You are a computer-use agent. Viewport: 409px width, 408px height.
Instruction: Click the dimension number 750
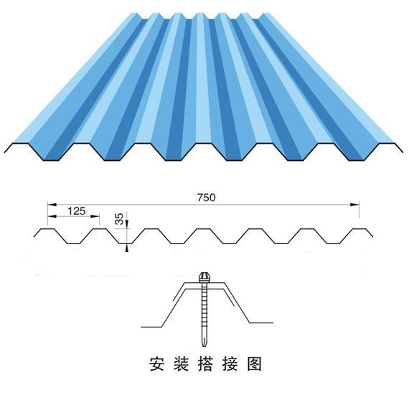pyautogui.click(x=207, y=198)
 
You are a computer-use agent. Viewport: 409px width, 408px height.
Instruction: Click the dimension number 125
pyautogui.click(x=77, y=210)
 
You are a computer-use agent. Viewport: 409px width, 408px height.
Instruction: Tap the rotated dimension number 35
pyautogui.click(x=118, y=219)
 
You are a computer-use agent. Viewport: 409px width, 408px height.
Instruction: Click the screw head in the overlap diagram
pyautogui.click(x=204, y=277)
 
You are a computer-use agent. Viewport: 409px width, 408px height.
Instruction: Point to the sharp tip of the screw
pyautogui.click(x=204, y=346)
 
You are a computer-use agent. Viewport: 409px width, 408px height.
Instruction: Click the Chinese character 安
pyautogui.click(x=157, y=364)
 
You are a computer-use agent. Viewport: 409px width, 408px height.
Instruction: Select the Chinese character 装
pyautogui.click(x=182, y=364)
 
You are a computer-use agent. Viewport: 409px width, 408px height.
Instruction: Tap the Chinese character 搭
pyautogui.click(x=205, y=364)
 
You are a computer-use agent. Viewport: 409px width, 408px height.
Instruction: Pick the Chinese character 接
pyautogui.click(x=230, y=364)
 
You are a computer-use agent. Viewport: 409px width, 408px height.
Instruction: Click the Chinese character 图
pyautogui.click(x=255, y=364)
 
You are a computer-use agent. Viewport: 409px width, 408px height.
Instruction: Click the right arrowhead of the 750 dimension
pyautogui.click(x=354, y=205)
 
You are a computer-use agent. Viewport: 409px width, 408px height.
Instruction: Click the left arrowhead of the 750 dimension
pyautogui.click(x=52, y=205)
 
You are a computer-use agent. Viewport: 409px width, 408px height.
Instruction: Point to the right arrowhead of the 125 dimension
pyautogui.click(x=95, y=216)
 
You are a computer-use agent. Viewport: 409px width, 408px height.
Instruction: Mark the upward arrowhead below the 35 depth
pyautogui.click(x=127, y=248)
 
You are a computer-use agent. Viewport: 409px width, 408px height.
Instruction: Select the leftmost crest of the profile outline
pyautogui.click(x=48, y=229)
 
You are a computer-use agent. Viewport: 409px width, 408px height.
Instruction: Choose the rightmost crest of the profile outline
pyautogui.click(x=359, y=229)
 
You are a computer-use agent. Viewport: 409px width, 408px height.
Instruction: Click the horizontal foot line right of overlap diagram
pyautogui.click(x=261, y=323)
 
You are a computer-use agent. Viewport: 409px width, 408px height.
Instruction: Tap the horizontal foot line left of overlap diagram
pyautogui.click(x=151, y=327)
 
